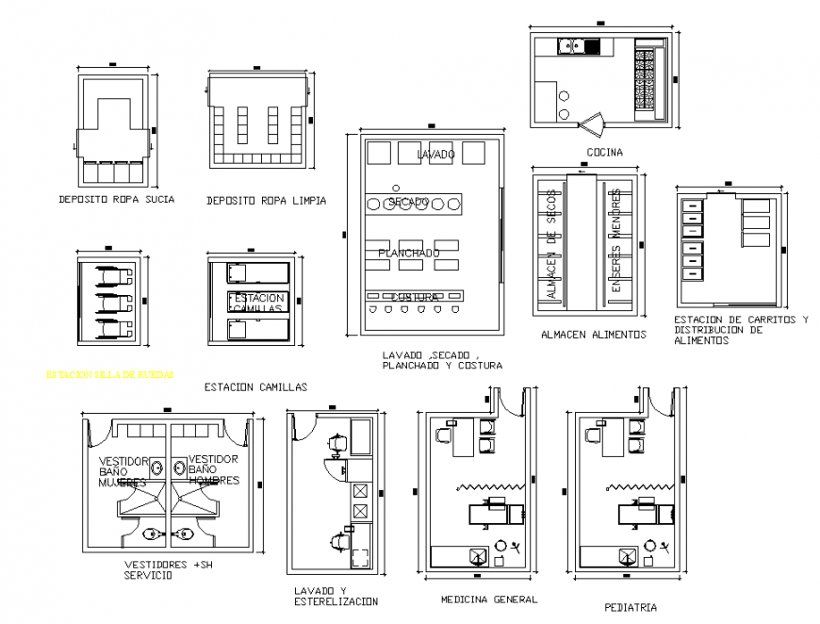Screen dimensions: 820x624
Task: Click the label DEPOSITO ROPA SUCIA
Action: [116, 200]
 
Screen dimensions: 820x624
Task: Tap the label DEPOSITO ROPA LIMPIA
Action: [267, 201]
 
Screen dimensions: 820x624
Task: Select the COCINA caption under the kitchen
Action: [604, 153]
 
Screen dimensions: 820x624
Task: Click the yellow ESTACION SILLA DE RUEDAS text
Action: [109, 374]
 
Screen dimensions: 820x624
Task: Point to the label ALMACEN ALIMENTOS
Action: [593, 335]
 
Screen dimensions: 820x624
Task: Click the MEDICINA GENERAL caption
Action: [488, 599]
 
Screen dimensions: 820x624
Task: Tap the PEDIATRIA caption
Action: [630, 608]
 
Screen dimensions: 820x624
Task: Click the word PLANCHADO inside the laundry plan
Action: [408, 254]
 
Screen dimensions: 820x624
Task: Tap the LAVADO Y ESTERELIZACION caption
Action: [336, 596]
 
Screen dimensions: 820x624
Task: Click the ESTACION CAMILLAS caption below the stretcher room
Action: [255, 386]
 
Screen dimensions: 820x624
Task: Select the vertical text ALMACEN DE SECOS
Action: [552, 245]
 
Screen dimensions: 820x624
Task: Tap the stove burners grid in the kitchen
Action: [648, 79]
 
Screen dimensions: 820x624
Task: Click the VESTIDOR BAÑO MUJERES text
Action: [123, 471]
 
